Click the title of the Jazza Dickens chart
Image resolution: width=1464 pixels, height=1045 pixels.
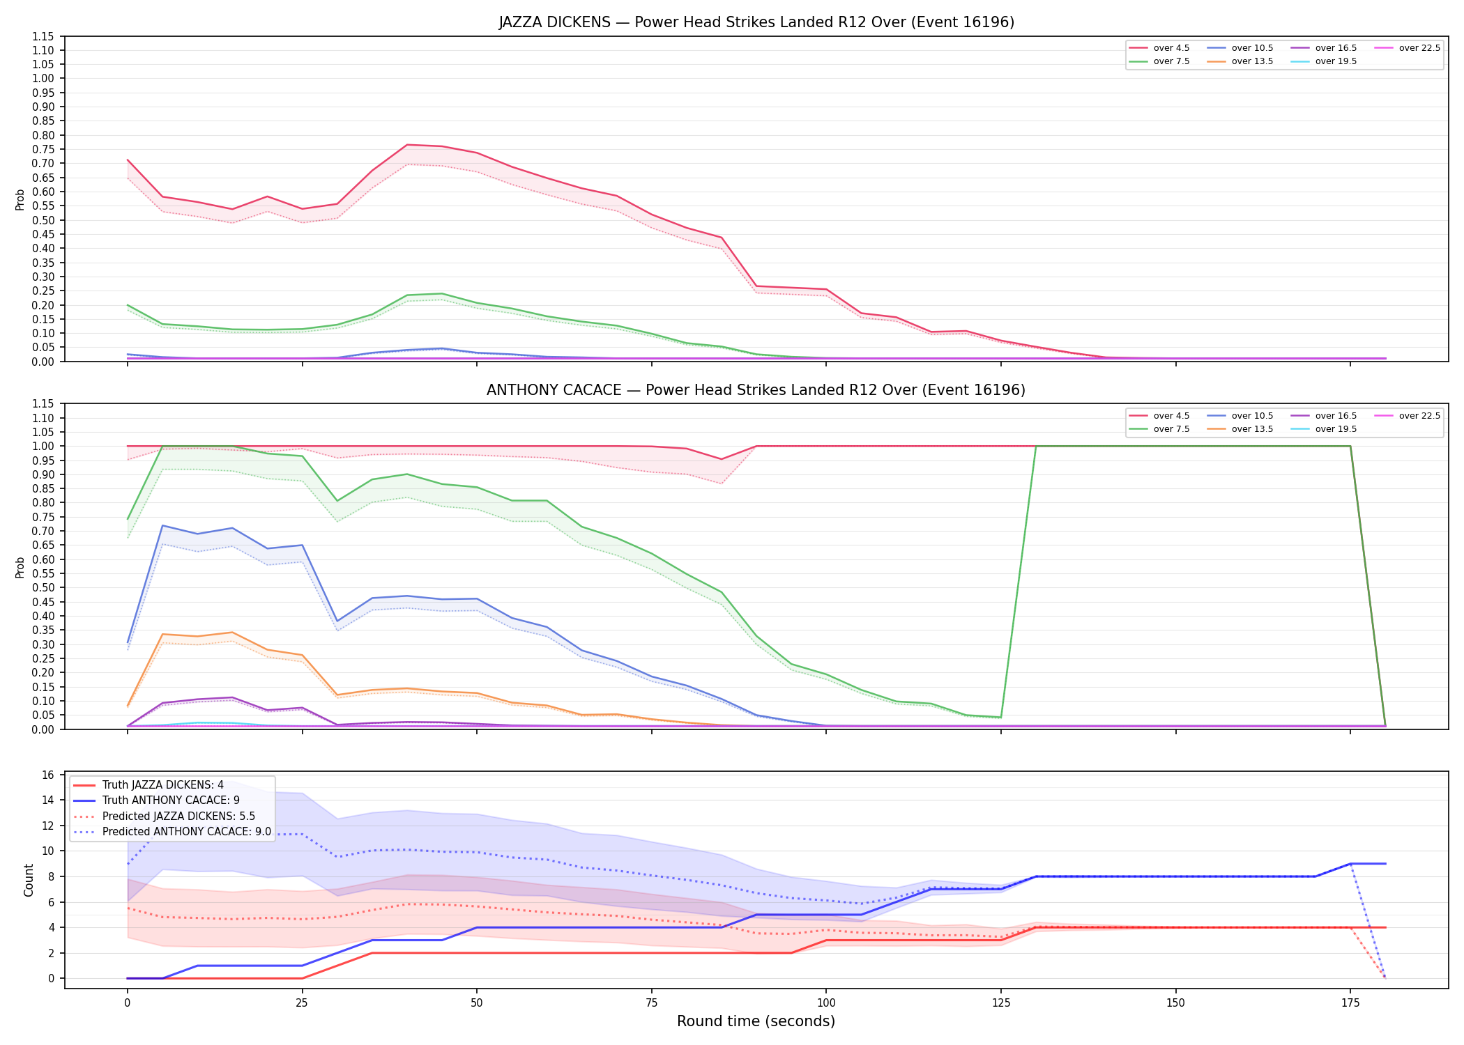coord(756,22)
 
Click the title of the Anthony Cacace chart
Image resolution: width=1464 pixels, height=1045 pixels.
coord(756,390)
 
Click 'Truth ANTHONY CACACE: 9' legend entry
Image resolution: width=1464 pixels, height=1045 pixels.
coord(171,800)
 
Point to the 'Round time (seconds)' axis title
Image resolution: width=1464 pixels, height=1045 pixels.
coord(756,1021)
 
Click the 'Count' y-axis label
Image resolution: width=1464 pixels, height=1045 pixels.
coord(29,880)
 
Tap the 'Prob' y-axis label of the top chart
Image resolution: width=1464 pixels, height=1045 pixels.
coord(20,199)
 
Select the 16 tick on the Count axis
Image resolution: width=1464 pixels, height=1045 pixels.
coord(48,775)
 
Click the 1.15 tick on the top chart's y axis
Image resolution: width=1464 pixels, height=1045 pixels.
coord(43,36)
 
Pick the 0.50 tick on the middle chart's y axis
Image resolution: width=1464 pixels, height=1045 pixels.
coord(43,588)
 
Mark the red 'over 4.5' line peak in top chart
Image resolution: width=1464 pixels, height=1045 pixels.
coord(407,145)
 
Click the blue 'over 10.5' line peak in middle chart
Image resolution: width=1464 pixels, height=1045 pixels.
coord(162,525)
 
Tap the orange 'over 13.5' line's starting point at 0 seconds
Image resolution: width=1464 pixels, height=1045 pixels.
coord(128,705)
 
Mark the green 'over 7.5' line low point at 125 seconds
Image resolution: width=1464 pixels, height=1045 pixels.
coord(1001,718)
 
